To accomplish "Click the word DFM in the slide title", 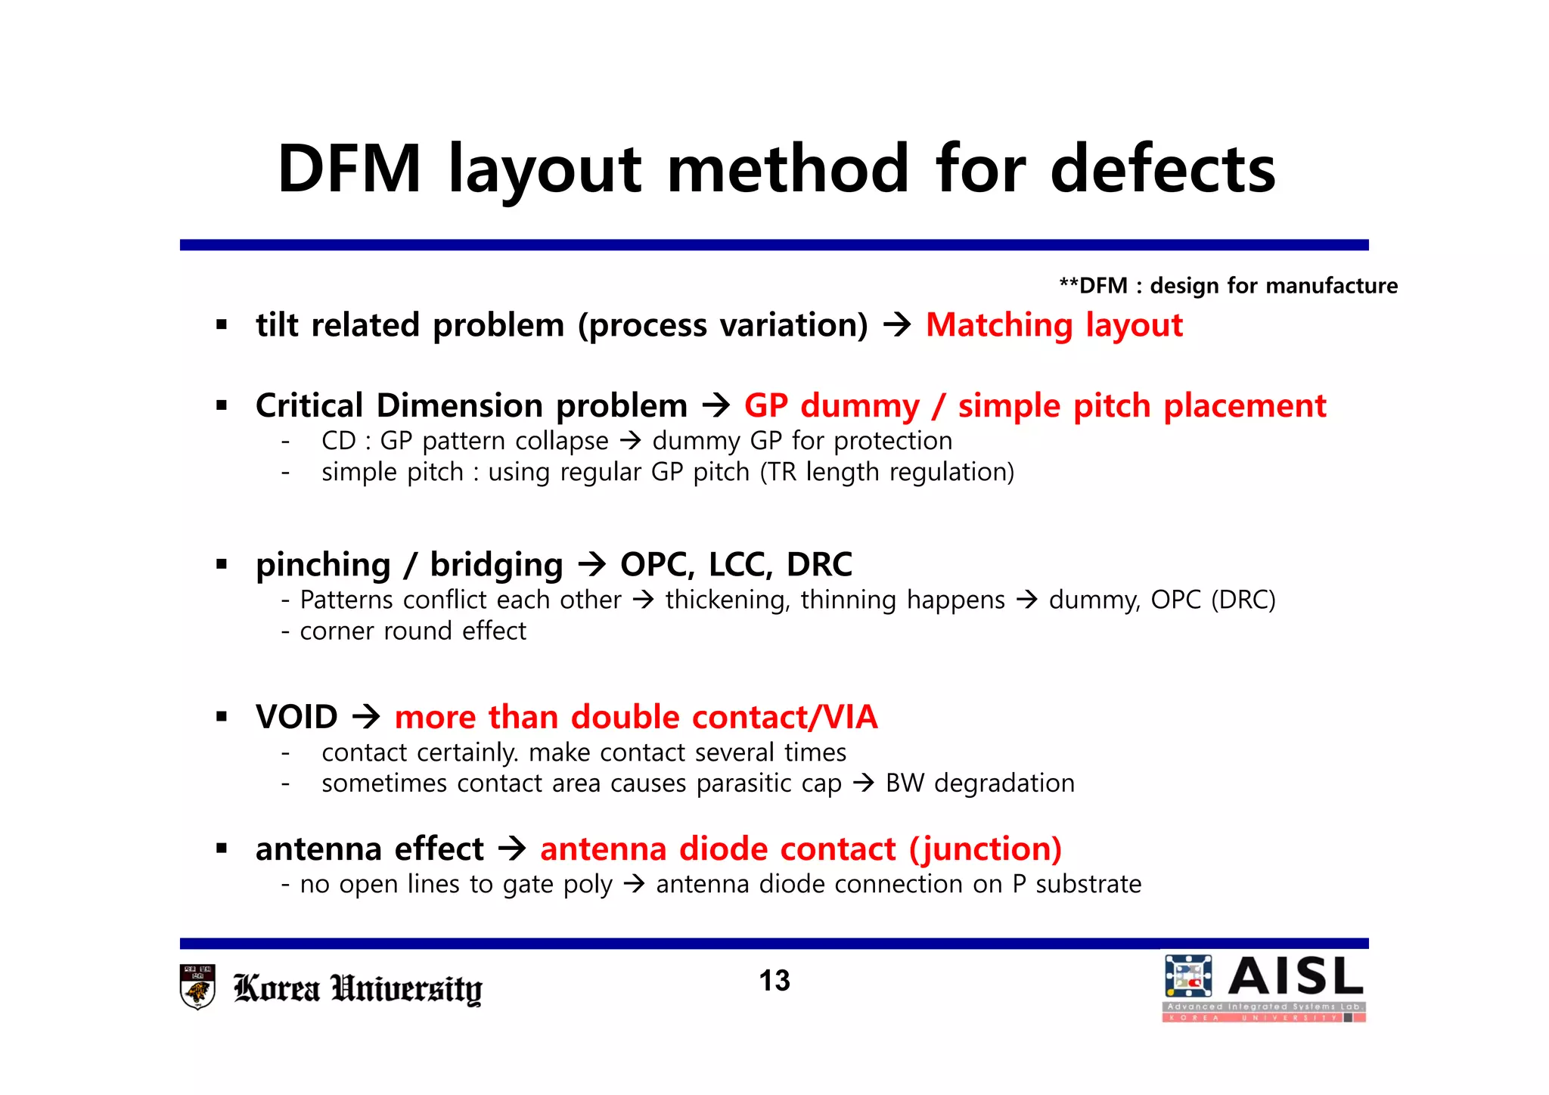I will (349, 169).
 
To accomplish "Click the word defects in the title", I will (1163, 169).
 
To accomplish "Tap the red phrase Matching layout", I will (1054, 325).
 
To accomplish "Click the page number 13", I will (774, 981).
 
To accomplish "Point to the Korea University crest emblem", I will (198, 986).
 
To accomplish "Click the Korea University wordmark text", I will (357, 988).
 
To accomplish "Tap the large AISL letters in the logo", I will (1296, 976).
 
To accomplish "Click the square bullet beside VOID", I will (222, 717).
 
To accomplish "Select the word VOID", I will (296, 717).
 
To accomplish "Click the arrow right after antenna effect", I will (512, 848).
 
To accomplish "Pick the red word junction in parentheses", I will (986, 849).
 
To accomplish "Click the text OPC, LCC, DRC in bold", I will (736, 565).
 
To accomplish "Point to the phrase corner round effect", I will (413, 631).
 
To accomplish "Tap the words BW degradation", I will (979, 783).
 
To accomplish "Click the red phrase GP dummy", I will (832, 406).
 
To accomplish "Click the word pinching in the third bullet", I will (323, 565).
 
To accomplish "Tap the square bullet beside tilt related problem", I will (222, 326).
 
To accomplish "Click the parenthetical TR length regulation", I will (887, 472).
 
